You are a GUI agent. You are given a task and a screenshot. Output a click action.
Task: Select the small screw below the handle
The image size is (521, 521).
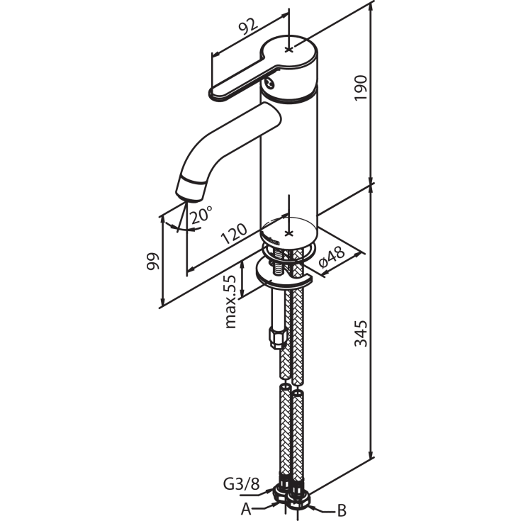tap(270, 84)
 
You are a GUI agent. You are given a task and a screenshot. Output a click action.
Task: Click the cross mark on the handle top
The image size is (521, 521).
tap(288, 48)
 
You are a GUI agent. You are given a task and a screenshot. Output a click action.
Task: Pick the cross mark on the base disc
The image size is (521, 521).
tap(288, 232)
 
